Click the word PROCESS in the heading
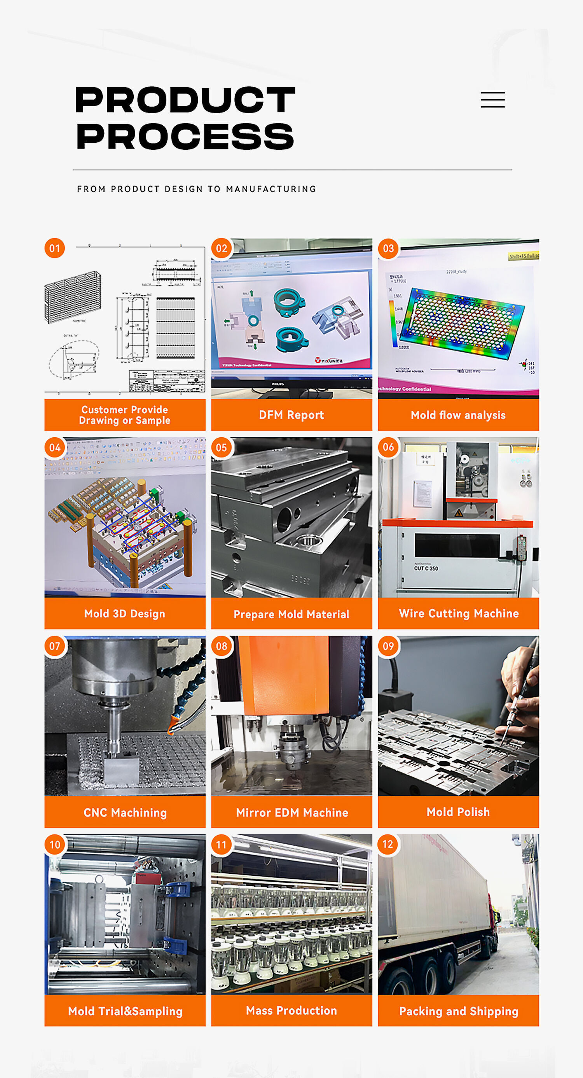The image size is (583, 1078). pos(185,137)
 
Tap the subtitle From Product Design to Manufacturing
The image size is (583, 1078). pos(196,189)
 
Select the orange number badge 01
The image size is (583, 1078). pos(54,248)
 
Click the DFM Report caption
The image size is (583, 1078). pos(291,415)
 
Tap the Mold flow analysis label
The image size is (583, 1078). pos(458,415)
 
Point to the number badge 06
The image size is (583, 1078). pos(388,447)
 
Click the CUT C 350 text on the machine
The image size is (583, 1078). pos(426,568)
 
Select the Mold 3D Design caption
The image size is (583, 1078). pos(125,613)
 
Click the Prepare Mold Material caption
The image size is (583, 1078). pos(291,614)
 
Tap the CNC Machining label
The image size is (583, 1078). pos(125,812)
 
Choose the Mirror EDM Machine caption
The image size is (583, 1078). pos(291,812)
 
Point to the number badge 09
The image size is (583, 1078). pos(388,646)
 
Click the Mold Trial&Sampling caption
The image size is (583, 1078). pos(125,1011)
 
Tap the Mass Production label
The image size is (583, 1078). pos(291,1010)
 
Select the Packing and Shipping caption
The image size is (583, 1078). pos(458,1011)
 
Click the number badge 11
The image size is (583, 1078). pos(221,845)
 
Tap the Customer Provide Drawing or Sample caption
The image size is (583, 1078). pos(125,415)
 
